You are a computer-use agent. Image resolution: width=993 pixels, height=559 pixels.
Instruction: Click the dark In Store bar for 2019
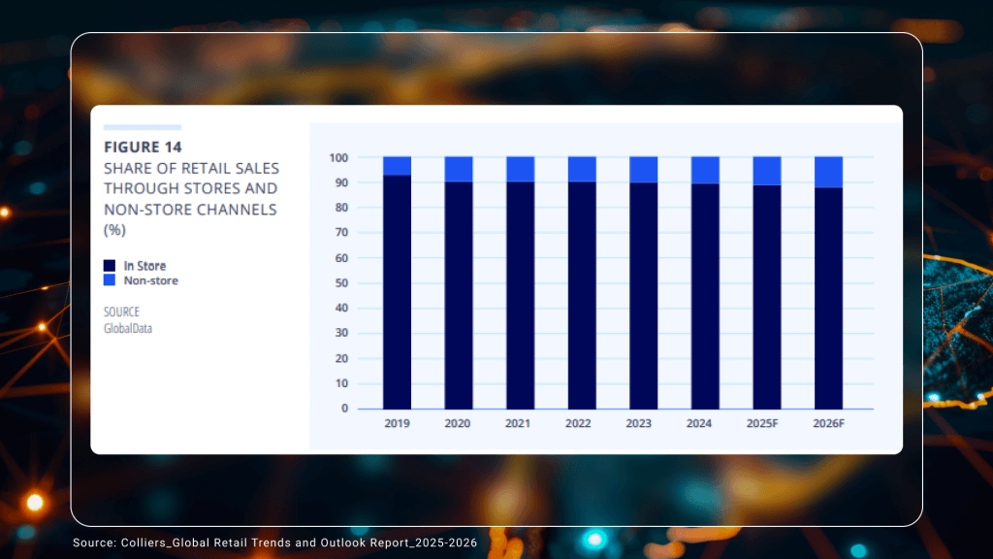pyautogui.click(x=397, y=291)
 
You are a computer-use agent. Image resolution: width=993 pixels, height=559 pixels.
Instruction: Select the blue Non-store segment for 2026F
pyautogui.click(x=828, y=172)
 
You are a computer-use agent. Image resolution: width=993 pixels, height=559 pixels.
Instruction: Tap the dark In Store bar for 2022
pyautogui.click(x=582, y=295)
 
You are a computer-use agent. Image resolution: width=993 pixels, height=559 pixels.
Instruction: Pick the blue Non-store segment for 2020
pyautogui.click(x=459, y=169)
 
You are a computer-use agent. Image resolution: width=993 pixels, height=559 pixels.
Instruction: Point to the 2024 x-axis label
pyautogui.click(x=705, y=424)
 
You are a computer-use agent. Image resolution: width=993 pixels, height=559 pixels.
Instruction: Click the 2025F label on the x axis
pyautogui.click(x=766, y=424)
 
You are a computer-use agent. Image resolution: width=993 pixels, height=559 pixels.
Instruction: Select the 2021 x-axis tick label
pyautogui.click(x=520, y=424)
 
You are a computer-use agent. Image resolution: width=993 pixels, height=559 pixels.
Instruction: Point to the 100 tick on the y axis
pyautogui.click(x=338, y=157)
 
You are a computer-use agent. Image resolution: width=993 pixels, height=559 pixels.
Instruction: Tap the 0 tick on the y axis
pyautogui.click(x=344, y=409)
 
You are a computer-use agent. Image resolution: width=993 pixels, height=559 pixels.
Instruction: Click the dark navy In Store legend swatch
pyautogui.click(x=110, y=266)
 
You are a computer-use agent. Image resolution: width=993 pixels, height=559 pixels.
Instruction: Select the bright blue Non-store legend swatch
pyautogui.click(x=110, y=280)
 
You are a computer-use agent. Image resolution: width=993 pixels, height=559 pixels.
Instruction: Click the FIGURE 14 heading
pyautogui.click(x=143, y=148)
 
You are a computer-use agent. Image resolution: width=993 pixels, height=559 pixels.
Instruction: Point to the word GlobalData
pyautogui.click(x=128, y=328)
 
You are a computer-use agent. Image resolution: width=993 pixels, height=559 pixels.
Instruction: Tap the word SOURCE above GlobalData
pyautogui.click(x=121, y=312)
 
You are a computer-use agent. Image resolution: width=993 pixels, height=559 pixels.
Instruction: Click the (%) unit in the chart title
pyautogui.click(x=114, y=230)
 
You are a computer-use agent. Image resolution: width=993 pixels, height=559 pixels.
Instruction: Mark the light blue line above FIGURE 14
pyautogui.click(x=143, y=127)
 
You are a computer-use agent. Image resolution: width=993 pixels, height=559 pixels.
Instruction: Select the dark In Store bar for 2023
pyautogui.click(x=643, y=295)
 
